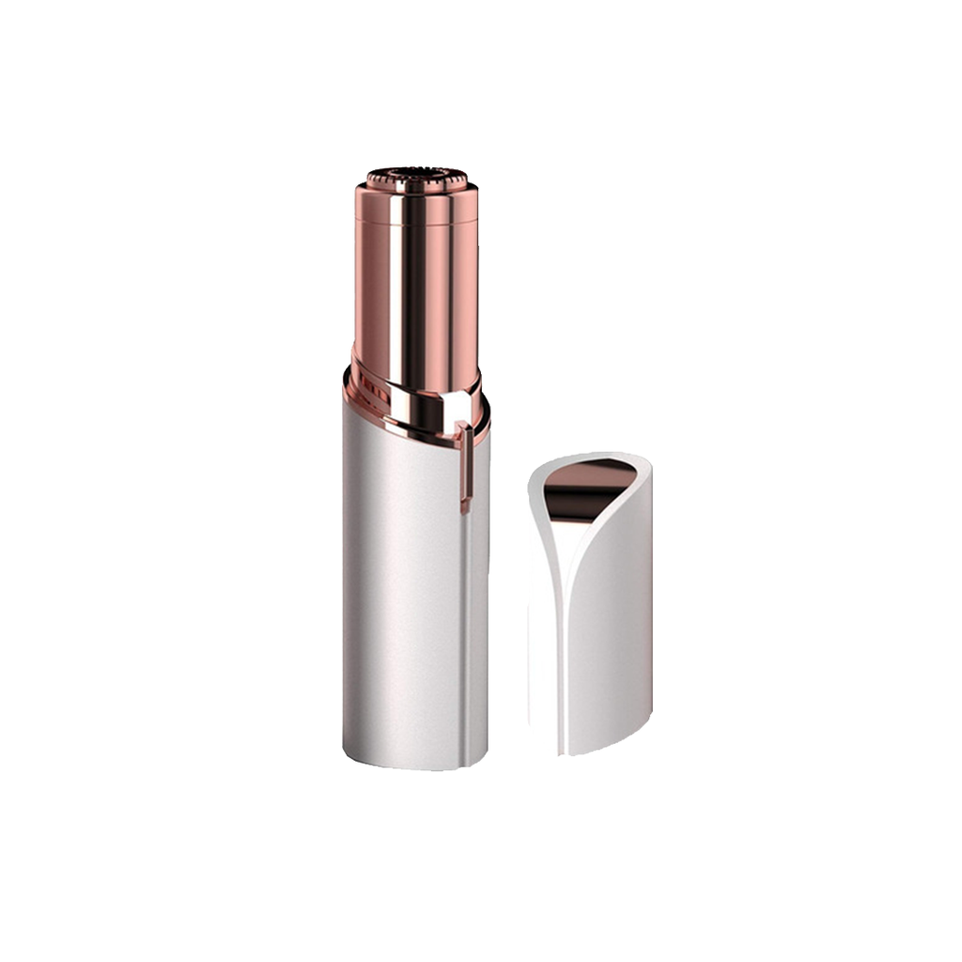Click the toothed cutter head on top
pyautogui.click(x=415, y=178)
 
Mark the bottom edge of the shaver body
pyautogui.click(x=413, y=765)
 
